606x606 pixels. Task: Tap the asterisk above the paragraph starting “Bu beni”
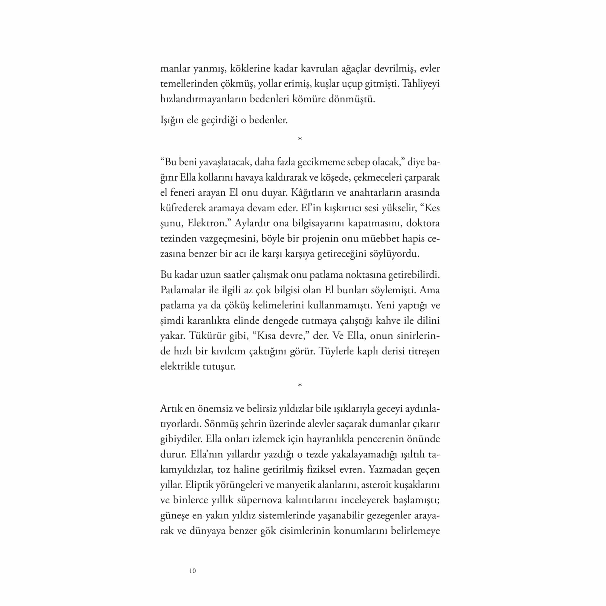pos(300,139)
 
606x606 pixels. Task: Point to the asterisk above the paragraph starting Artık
pos(300,385)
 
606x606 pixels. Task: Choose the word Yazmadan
pos(389,470)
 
